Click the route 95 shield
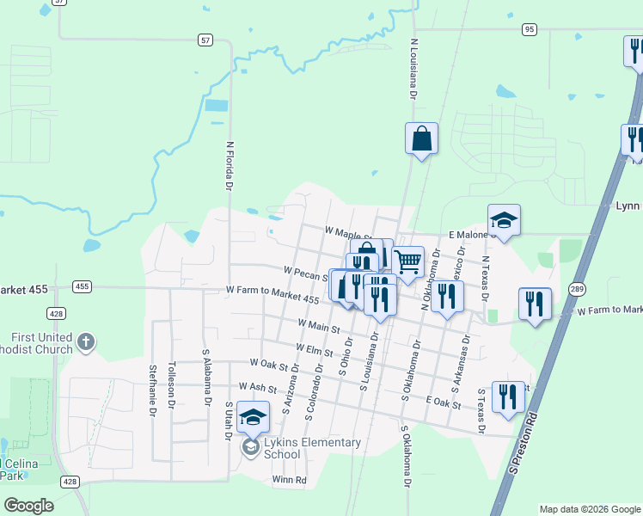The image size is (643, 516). (529, 28)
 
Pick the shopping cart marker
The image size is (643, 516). (407, 261)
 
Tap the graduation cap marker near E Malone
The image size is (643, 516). (504, 220)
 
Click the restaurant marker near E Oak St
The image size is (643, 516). (508, 396)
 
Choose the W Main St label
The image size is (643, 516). (319, 326)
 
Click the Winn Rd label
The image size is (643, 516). (289, 480)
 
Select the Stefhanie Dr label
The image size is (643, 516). (152, 389)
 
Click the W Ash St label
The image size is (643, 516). (259, 387)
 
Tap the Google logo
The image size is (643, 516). (28, 506)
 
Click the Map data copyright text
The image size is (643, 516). (590, 509)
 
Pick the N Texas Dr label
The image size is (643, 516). (485, 278)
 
